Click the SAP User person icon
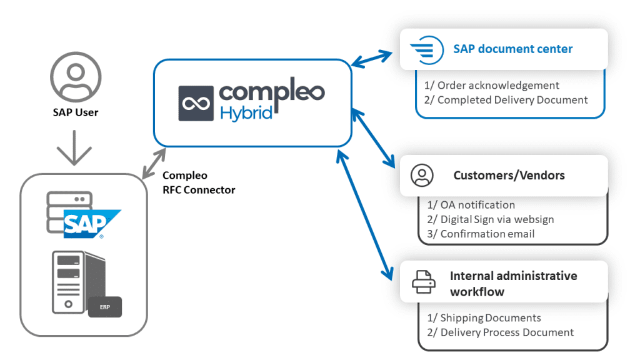(74, 77)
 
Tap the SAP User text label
(75, 113)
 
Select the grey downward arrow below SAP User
(74, 147)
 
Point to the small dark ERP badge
(104, 307)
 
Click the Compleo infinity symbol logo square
(197, 102)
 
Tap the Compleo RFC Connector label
(198, 182)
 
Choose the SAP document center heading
(512, 49)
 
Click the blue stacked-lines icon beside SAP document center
(422, 49)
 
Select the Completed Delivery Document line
(507, 99)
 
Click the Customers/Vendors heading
(509, 176)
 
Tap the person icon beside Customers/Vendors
(422, 176)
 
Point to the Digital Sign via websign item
(491, 219)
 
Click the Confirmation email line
(481, 234)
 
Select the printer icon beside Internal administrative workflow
(422, 283)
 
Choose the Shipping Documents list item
(484, 318)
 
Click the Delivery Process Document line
(500, 332)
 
